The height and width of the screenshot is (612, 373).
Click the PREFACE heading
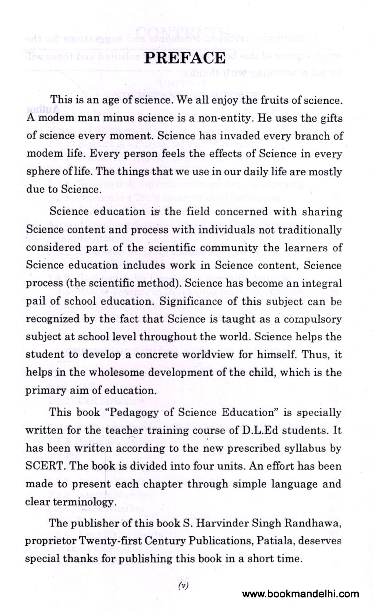(185, 58)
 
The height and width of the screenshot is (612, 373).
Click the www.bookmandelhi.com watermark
(300, 594)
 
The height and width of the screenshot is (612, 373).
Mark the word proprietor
(51, 541)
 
